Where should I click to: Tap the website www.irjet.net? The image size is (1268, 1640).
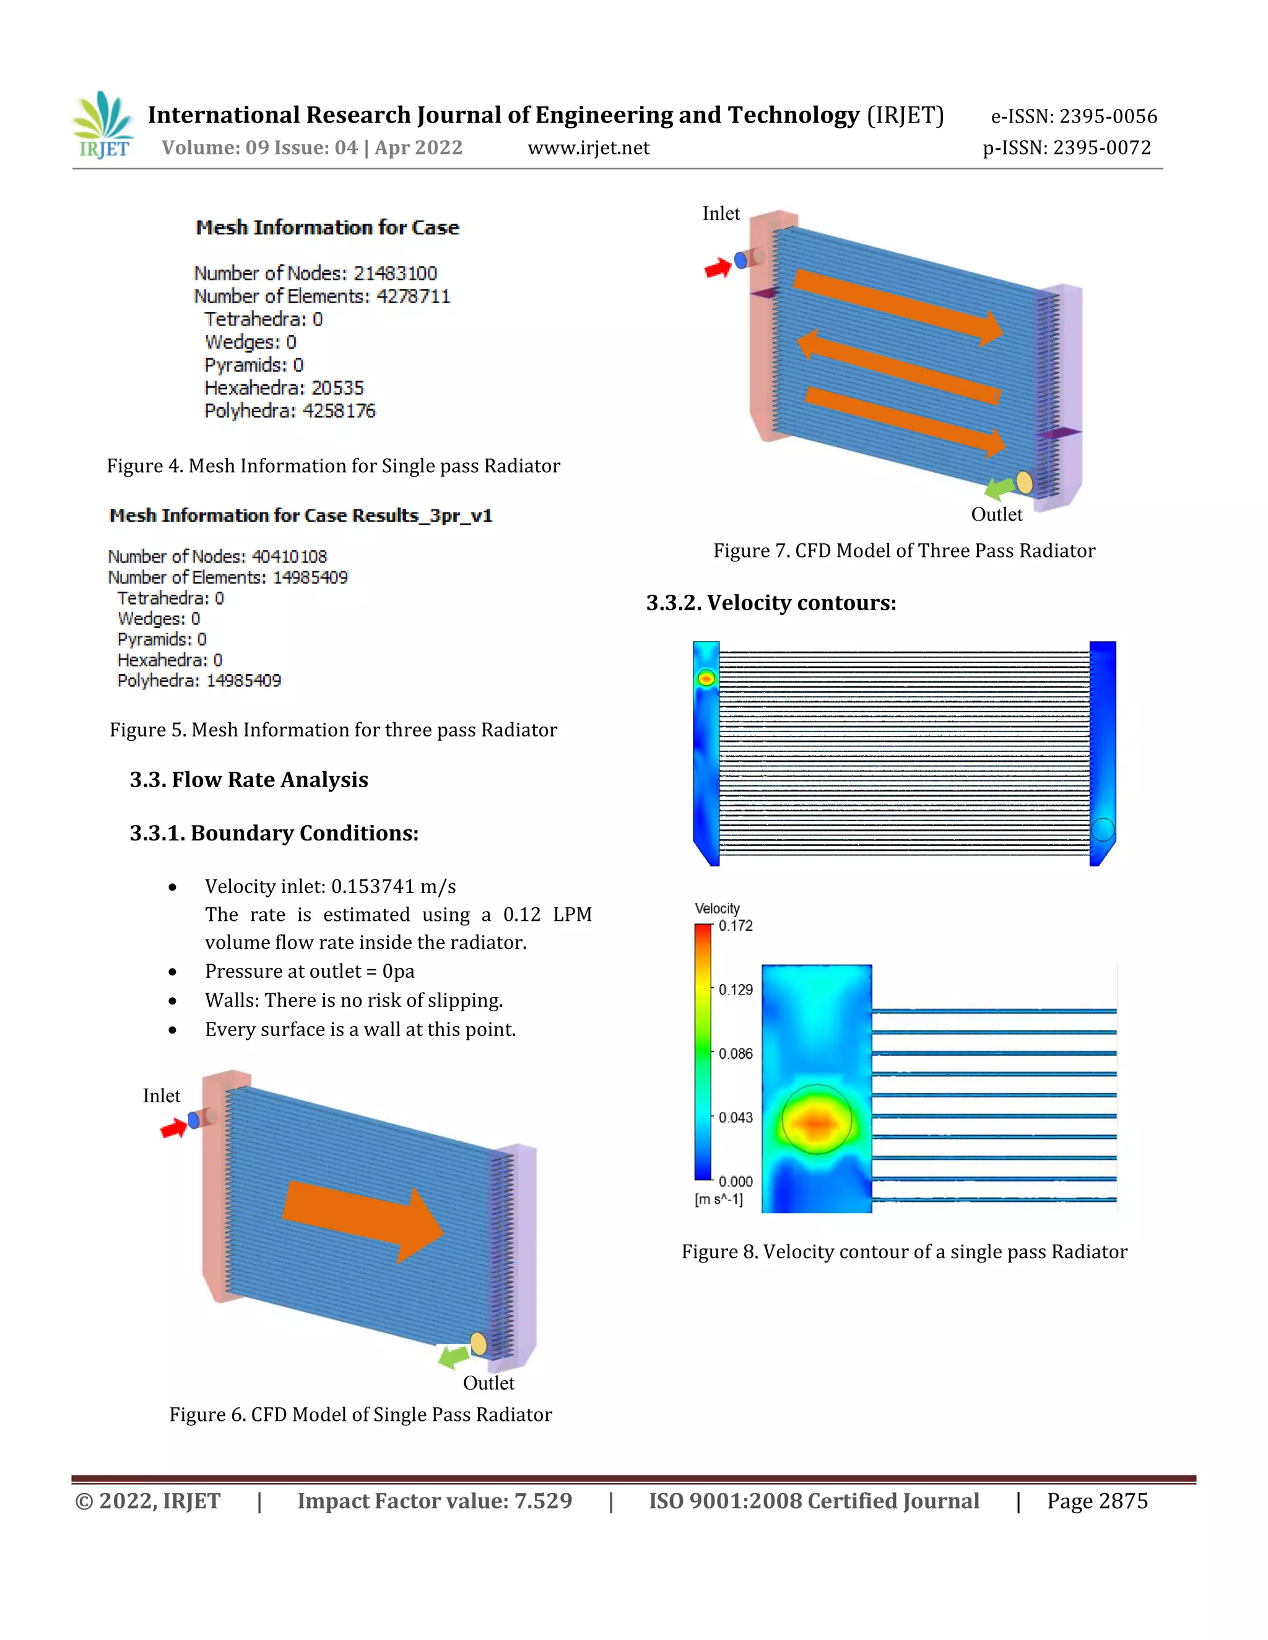click(x=588, y=148)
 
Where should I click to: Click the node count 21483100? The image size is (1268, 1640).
click(x=395, y=274)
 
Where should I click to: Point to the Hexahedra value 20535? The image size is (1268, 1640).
click(x=337, y=388)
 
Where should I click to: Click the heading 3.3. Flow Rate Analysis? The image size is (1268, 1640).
click(x=249, y=779)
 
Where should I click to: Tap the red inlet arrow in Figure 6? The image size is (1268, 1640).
click(x=173, y=1128)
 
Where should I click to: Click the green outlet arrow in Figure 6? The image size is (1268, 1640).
click(x=453, y=1356)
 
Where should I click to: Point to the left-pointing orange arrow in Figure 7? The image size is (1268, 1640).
click(x=898, y=366)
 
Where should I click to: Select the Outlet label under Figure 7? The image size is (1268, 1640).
click(x=996, y=514)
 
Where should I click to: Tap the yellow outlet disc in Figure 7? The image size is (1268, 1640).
click(x=1024, y=482)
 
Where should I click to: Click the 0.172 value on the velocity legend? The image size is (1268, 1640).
click(x=736, y=926)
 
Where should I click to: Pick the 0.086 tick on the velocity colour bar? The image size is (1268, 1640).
click(x=735, y=1053)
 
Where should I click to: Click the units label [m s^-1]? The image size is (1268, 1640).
click(x=719, y=1199)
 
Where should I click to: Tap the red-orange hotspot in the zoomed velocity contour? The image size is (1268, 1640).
click(x=817, y=1122)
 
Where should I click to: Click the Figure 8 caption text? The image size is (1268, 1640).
click(x=904, y=1252)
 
